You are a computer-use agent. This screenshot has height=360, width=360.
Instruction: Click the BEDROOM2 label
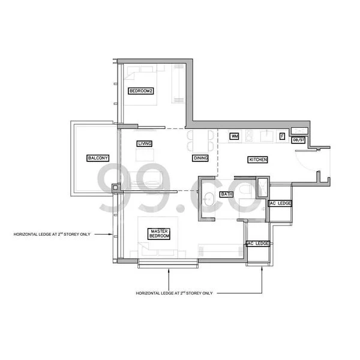pos(141,91)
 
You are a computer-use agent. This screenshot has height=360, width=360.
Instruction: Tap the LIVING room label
pos(145,144)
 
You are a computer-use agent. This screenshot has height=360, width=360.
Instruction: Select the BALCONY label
pos(98,158)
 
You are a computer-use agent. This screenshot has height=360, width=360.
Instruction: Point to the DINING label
pos(200,158)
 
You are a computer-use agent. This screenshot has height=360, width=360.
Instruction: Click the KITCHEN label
pos(258,160)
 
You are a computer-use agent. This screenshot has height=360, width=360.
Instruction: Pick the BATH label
pos(227,194)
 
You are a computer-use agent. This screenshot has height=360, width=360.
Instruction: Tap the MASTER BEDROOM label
pos(159,234)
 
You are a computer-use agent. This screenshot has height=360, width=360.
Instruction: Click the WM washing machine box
pos(235,136)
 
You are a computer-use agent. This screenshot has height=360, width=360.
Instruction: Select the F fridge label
pos(282,136)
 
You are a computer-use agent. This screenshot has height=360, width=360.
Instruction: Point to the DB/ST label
pos(298,140)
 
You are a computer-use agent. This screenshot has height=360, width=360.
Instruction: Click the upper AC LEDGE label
pos(280,203)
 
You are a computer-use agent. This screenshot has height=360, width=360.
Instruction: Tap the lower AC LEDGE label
pos(258,244)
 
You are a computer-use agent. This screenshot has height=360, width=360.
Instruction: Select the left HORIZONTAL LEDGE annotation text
pos(52,235)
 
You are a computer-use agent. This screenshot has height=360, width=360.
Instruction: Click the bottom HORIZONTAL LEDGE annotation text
pos(174,293)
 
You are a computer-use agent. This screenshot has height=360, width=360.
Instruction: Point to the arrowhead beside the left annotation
pos(110,235)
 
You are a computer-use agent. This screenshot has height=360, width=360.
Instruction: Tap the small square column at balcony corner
pos(116,188)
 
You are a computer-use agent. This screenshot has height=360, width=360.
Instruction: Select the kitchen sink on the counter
pos(267,136)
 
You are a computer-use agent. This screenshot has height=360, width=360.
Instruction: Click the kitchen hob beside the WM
pos(249,136)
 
